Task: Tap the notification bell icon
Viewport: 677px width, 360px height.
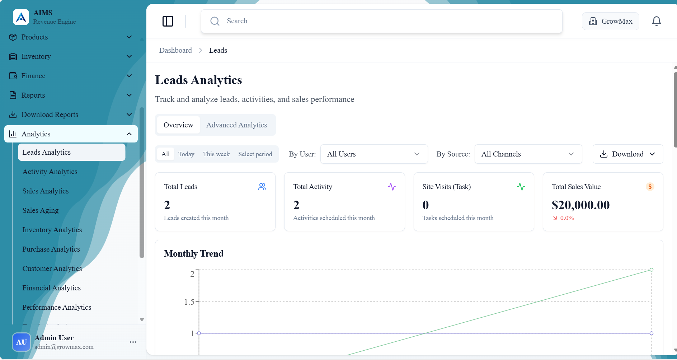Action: (x=656, y=21)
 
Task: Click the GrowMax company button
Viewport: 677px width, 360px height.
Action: (x=610, y=21)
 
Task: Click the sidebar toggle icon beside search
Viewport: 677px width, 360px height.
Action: (x=168, y=21)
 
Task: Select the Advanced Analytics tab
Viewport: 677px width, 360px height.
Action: (x=236, y=125)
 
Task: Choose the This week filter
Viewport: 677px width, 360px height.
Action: (x=216, y=154)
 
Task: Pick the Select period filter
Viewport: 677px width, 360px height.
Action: (x=255, y=154)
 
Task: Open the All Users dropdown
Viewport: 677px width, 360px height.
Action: (x=373, y=154)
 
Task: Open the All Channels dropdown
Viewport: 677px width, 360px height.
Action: (x=528, y=154)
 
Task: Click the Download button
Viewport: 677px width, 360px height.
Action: (x=627, y=154)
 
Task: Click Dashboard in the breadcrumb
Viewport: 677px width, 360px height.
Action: (x=175, y=50)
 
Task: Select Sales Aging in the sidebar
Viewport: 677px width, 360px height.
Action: (x=41, y=210)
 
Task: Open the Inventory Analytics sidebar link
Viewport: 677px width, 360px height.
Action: (x=52, y=230)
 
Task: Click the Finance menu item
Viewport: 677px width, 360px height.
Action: (x=33, y=76)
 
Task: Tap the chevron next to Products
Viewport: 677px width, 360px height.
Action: (x=129, y=37)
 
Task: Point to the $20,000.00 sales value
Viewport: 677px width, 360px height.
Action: (x=580, y=205)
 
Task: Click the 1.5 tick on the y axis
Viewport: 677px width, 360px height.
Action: (x=189, y=302)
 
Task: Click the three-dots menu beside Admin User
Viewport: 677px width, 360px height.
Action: (x=133, y=342)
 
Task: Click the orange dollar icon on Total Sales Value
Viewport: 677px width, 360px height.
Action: (x=650, y=187)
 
